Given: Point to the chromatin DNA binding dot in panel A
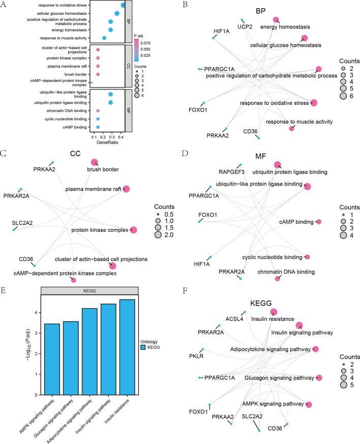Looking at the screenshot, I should tap(98, 110).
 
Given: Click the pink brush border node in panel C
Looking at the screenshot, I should tap(95, 162).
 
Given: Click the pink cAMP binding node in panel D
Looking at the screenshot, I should tap(318, 222).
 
